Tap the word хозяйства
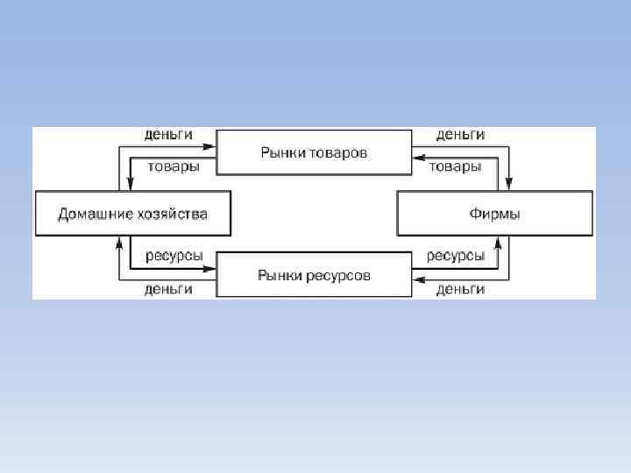(173, 214)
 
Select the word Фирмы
(495, 214)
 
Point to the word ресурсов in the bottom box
(339, 275)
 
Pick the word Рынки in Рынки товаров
(282, 152)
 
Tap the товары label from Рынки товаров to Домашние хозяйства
(172, 166)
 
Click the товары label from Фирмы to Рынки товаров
(454, 166)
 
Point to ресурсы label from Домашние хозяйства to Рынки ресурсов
(174, 256)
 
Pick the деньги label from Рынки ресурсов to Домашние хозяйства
(168, 289)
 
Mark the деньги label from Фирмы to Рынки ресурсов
(461, 289)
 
